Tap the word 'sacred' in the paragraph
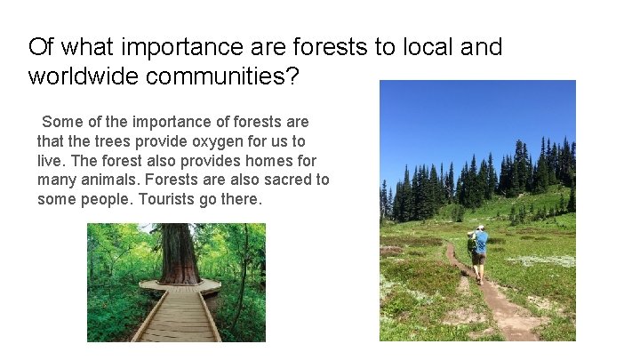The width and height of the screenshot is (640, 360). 281,180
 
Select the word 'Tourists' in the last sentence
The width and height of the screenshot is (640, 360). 169,199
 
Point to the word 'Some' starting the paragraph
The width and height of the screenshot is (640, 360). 61,121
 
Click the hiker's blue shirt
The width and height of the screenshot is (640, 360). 481,241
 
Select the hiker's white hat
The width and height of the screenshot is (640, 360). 480,228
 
